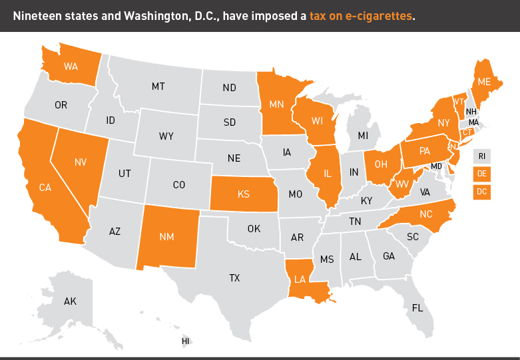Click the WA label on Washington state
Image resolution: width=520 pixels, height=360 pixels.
pos(71,67)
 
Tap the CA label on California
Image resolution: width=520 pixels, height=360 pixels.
pos(45,188)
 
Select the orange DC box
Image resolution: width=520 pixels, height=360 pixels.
pos(481,192)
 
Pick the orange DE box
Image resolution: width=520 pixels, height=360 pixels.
pos(481,174)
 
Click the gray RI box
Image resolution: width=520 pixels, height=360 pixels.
pos(481,157)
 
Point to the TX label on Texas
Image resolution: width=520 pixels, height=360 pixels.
pos(234,278)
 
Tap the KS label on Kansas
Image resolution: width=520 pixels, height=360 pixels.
pos(243,194)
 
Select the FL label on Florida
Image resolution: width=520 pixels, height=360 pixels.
pos(417,308)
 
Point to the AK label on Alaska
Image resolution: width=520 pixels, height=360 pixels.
pos(70,301)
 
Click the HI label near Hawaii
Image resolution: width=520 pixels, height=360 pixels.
pos(186,341)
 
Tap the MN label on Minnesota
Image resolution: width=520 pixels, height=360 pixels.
pos(277,104)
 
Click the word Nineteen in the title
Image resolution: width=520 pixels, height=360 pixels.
pos(39,15)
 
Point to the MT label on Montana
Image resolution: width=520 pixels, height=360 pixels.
pos(158,87)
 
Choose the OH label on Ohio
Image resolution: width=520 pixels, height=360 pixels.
pos(382,164)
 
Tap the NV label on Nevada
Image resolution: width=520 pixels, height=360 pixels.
pos(81,162)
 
